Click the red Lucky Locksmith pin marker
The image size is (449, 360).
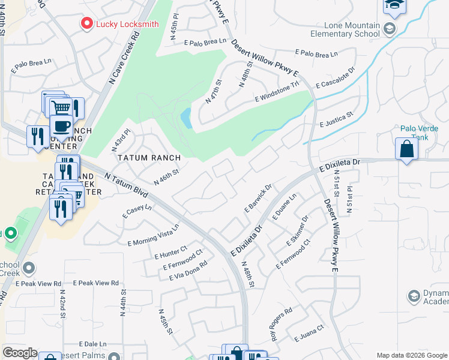pyautogui.click(x=87, y=24)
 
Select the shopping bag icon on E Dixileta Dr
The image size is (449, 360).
pyautogui.click(x=406, y=149)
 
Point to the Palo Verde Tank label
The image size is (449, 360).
pyautogui.click(x=415, y=133)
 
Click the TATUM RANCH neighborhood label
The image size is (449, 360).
pyautogui.click(x=149, y=158)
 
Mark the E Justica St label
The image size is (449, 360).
pyautogui.click(x=337, y=119)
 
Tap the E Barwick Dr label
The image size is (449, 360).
pyautogui.click(x=259, y=198)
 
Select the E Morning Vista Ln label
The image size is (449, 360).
pyautogui.click(x=153, y=235)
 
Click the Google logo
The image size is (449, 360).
pyautogui.click(x=19, y=353)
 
